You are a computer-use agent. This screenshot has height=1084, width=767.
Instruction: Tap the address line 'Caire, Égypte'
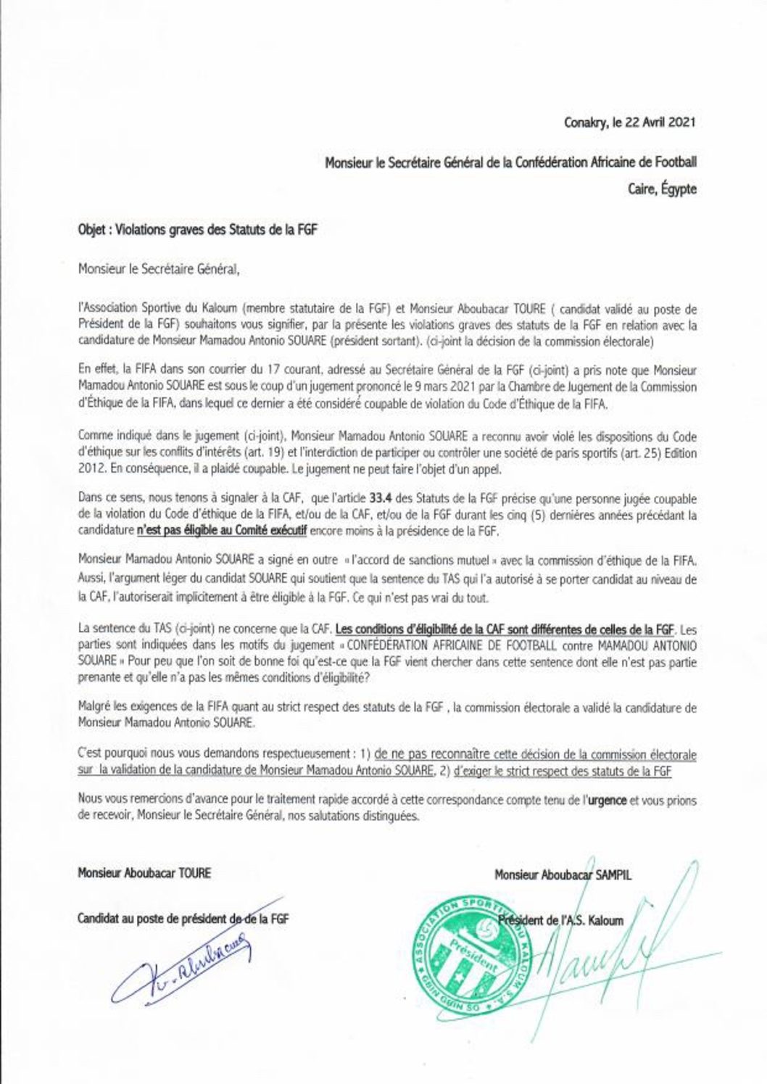[x=662, y=189]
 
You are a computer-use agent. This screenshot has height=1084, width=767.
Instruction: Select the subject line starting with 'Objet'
[x=197, y=230]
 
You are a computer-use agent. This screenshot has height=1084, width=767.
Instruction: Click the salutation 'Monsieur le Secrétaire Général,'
[x=158, y=269]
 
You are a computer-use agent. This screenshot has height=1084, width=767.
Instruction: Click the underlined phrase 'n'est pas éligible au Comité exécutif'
[x=222, y=531]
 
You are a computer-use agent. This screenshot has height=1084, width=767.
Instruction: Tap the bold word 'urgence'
[x=607, y=801]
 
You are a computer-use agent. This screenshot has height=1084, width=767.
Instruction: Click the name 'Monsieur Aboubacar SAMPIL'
[x=563, y=875]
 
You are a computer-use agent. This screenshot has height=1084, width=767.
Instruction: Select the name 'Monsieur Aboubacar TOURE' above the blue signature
[x=144, y=873]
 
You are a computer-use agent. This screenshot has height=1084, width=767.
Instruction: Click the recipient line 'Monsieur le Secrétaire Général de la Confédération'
[x=510, y=162]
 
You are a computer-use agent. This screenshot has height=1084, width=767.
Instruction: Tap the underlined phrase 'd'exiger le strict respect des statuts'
[x=563, y=771]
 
